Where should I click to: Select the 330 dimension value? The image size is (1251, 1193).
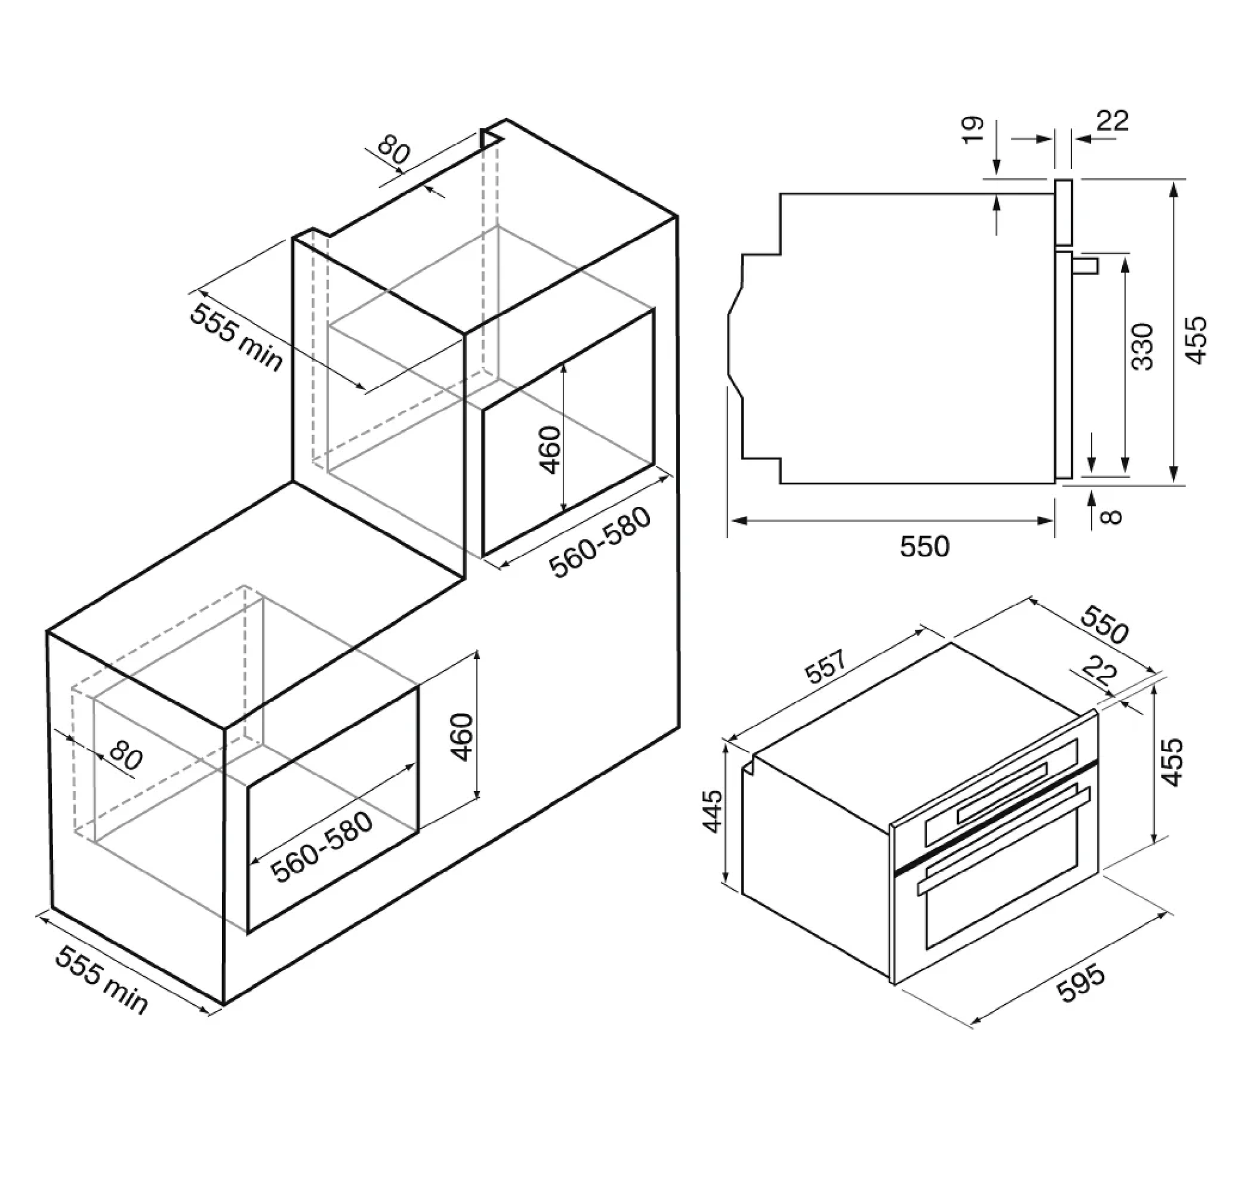tap(1142, 346)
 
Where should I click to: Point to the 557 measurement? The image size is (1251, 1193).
tap(826, 666)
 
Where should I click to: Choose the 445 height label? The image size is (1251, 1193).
tap(712, 811)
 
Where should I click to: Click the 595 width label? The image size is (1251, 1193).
tap(1080, 984)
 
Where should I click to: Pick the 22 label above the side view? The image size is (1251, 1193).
tap(1113, 120)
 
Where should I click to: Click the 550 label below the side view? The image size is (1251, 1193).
tap(924, 546)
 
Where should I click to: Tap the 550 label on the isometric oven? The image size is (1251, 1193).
tap(1105, 625)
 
